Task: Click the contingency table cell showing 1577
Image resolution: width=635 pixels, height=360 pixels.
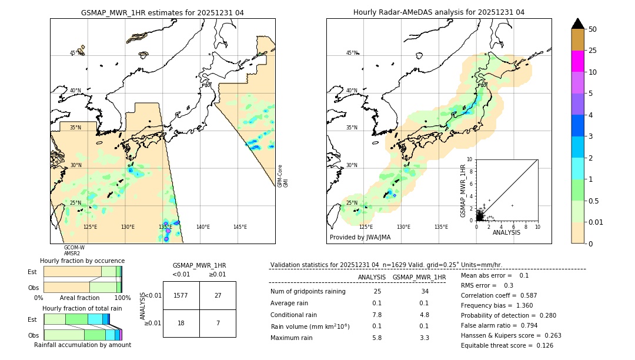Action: click(x=181, y=295)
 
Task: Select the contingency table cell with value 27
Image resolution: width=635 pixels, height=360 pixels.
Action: click(x=218, y=295)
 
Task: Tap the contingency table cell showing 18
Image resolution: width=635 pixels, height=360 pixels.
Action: click(x=181, y=324)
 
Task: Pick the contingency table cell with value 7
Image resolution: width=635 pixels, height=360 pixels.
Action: click(x=218, y=324)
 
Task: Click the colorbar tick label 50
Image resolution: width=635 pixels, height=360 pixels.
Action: click(x=593, y=29)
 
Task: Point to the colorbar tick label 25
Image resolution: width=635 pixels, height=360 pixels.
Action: click(x=593, y=51)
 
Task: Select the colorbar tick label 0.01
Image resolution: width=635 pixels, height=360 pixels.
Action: click(x=596, y=222)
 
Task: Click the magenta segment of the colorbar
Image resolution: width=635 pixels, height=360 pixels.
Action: click(x=577, y=61)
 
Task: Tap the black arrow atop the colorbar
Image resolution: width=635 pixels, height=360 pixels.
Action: click(x=577, y=24)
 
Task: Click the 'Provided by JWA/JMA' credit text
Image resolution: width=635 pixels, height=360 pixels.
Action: click(x=360, y=238)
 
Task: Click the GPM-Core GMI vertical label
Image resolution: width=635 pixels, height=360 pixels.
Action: click(x=283, y=176)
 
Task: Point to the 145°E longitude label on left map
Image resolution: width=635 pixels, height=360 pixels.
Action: click(x=240, y=227)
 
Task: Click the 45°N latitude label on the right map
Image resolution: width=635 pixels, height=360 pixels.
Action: click(x=352, y=53)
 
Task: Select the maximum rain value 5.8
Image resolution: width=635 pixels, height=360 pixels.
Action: click(x=377, y=338)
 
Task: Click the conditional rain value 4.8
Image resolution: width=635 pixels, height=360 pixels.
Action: click(x=424, y=315)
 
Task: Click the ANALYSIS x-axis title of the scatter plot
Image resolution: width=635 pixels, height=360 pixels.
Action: click(x=506, y=232)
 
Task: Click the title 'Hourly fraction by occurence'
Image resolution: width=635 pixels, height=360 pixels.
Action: click(x=82, y=261)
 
